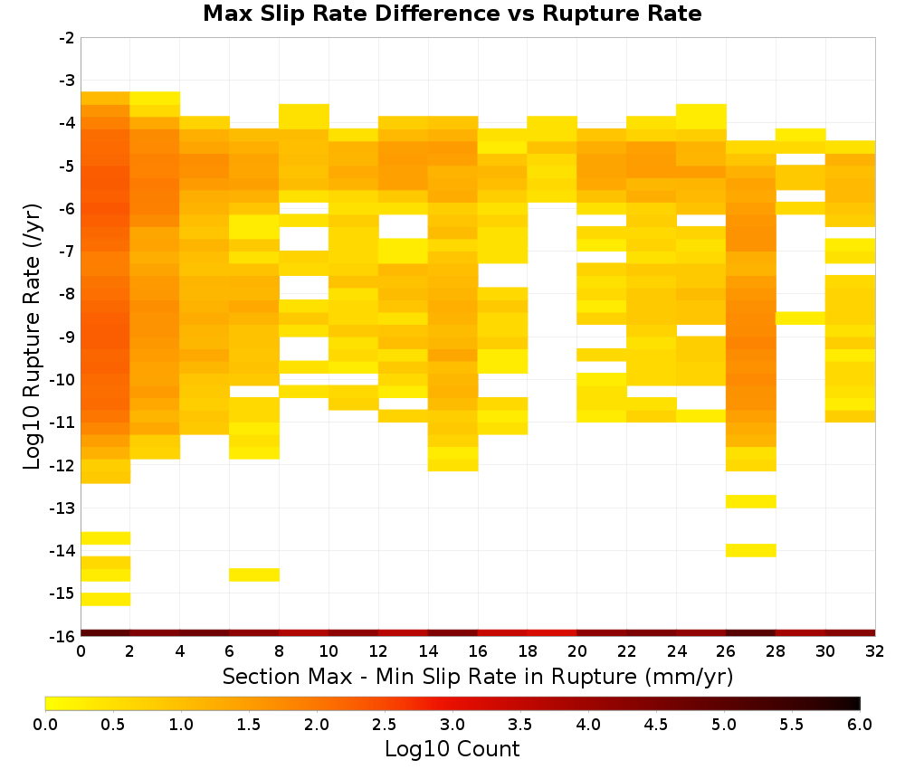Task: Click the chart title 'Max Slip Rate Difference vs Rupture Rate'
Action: click(452, 14)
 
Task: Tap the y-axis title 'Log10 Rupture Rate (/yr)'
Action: click(33, 337)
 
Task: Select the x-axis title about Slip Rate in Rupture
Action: click(477, 676)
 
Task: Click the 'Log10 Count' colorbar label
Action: click(452, 749)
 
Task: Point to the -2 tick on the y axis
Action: click(67, 38)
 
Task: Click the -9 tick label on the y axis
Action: click(67, 337)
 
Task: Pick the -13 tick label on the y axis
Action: click(63, 508)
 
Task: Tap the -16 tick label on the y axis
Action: click(63, 636)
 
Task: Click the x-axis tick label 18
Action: click(528, 651)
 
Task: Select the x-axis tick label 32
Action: click(875, 651)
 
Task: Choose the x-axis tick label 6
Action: click(229, 651)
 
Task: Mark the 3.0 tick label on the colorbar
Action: click(452, 725)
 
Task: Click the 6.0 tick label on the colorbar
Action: click(860, 725)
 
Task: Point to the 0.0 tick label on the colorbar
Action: click(45, 725)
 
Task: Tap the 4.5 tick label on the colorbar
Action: click(655, 725)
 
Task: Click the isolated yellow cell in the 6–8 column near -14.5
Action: click(254, 574)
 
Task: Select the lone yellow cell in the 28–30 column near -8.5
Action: click(801, 318)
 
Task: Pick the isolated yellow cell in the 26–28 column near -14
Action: click(751, 550)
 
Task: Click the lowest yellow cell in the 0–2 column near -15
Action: click(106, 599)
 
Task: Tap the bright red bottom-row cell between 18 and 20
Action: click(552, 633)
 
